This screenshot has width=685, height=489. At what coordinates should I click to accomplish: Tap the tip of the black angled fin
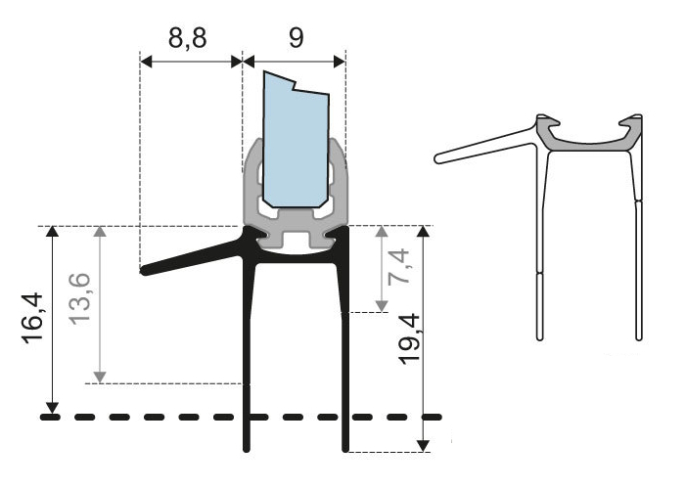click(145, 271)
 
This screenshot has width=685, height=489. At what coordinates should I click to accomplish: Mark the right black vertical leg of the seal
click(345, 362)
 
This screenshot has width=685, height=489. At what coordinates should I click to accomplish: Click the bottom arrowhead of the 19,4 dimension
click(423, 446)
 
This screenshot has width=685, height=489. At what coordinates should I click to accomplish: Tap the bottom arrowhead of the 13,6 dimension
click(100, 377)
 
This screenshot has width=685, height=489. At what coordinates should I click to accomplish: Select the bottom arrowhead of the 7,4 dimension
click(381, 307)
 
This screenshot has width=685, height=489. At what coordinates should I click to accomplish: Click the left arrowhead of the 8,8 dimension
click(147, 61)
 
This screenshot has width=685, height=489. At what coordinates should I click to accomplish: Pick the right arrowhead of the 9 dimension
click(340, 61)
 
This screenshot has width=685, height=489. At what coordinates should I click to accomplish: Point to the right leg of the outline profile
click(639, 254)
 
